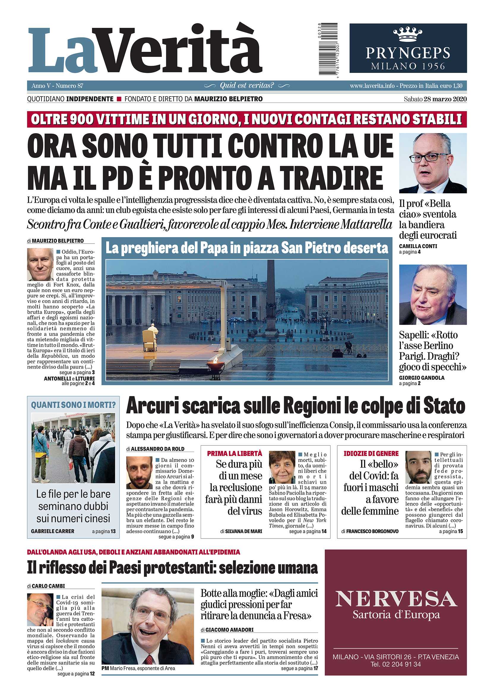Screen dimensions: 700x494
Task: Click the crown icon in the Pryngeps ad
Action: coord(408,34)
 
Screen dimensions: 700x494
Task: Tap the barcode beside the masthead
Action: coord(328,49)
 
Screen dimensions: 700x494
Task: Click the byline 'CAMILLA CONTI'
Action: coord(418,246)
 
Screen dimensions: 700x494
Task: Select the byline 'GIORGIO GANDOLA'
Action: coord(421,378)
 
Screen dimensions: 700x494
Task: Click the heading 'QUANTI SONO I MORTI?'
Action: coord(73,405)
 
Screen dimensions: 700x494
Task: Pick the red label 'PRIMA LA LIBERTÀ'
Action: coord(235,453)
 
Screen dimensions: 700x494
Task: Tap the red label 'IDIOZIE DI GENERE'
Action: coord(371,453)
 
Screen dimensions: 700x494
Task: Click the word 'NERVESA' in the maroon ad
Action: coord(396,599)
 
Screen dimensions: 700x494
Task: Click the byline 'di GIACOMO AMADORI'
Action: coord(227,629)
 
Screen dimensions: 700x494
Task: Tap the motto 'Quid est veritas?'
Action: coord(247,86)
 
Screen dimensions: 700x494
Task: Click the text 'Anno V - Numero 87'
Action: coord(57,86)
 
